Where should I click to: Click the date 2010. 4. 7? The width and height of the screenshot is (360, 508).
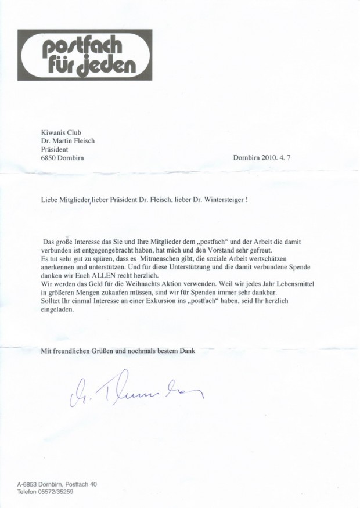276,157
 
